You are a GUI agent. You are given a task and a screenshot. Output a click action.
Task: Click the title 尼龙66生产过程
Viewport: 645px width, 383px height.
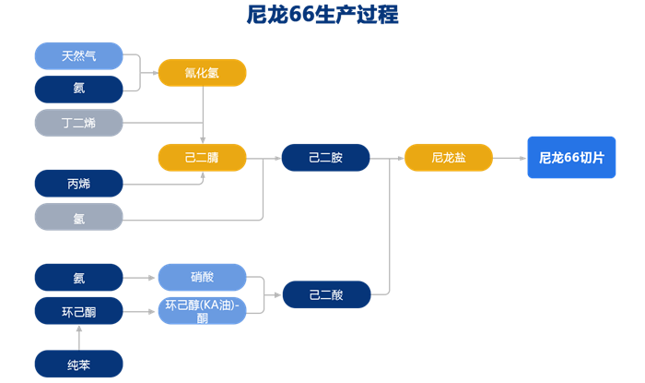pyautogui.click(x=322, y=16)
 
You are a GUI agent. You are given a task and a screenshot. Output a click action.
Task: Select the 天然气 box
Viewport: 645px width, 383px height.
pyautogui.click(x=78, y=55)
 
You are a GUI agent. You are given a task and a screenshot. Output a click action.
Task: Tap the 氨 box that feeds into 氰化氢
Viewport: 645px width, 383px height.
pyautogui.click(x=78, y=90)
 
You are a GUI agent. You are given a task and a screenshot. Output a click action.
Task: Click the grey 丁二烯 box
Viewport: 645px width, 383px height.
pyautogui.click(x=78, y=123)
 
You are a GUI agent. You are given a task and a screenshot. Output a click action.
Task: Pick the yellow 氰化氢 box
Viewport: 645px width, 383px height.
pyautogui.click(x=202, y=73)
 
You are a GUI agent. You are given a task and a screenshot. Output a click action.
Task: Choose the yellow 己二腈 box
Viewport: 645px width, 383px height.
pyautogui.click(x=202, y=158)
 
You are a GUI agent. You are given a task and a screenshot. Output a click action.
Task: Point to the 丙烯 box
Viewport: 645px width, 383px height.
pyautogui.click(x=78, y=184)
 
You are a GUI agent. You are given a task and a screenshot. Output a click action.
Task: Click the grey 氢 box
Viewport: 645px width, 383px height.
pyautogui.click(x=78, y=218)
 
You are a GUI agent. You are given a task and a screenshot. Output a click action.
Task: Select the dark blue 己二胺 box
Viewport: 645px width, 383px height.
pyautogui.click(x=325, y=158)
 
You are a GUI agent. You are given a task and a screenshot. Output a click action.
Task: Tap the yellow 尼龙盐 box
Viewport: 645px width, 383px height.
pyautogui.click(x=448, y=158)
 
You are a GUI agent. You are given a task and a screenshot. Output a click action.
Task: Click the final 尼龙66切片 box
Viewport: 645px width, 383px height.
pyautogui.click(x=571, y=158)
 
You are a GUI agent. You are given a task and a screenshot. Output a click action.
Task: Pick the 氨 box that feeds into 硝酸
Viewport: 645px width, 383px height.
pyautogui.click(x=78, y=278)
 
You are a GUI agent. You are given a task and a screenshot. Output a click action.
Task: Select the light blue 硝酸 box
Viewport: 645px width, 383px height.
pyautogui.click(x=202, y=278)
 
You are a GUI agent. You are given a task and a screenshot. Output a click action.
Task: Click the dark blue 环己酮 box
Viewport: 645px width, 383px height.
pyautogui.click(x=78, y=312)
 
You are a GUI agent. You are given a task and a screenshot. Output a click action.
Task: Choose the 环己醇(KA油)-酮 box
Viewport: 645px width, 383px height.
pyautogui.click(x=202, y=311)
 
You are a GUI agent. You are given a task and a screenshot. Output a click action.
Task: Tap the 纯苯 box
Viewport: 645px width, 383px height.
pyautogui.click(x=78, y=364)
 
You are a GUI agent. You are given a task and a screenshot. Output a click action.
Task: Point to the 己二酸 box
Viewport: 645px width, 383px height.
pyautogui.click(x=325, y=294)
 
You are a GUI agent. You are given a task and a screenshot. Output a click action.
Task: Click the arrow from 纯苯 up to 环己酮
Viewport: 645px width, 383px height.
pyautogui.click(x=78, y=338)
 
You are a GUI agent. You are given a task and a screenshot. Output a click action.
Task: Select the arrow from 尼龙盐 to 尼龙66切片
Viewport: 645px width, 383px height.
pyautogui.click(x=510, y=158)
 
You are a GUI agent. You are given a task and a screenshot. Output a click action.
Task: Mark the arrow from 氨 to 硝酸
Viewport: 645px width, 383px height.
pyautogui.click(x=140, y=278)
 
